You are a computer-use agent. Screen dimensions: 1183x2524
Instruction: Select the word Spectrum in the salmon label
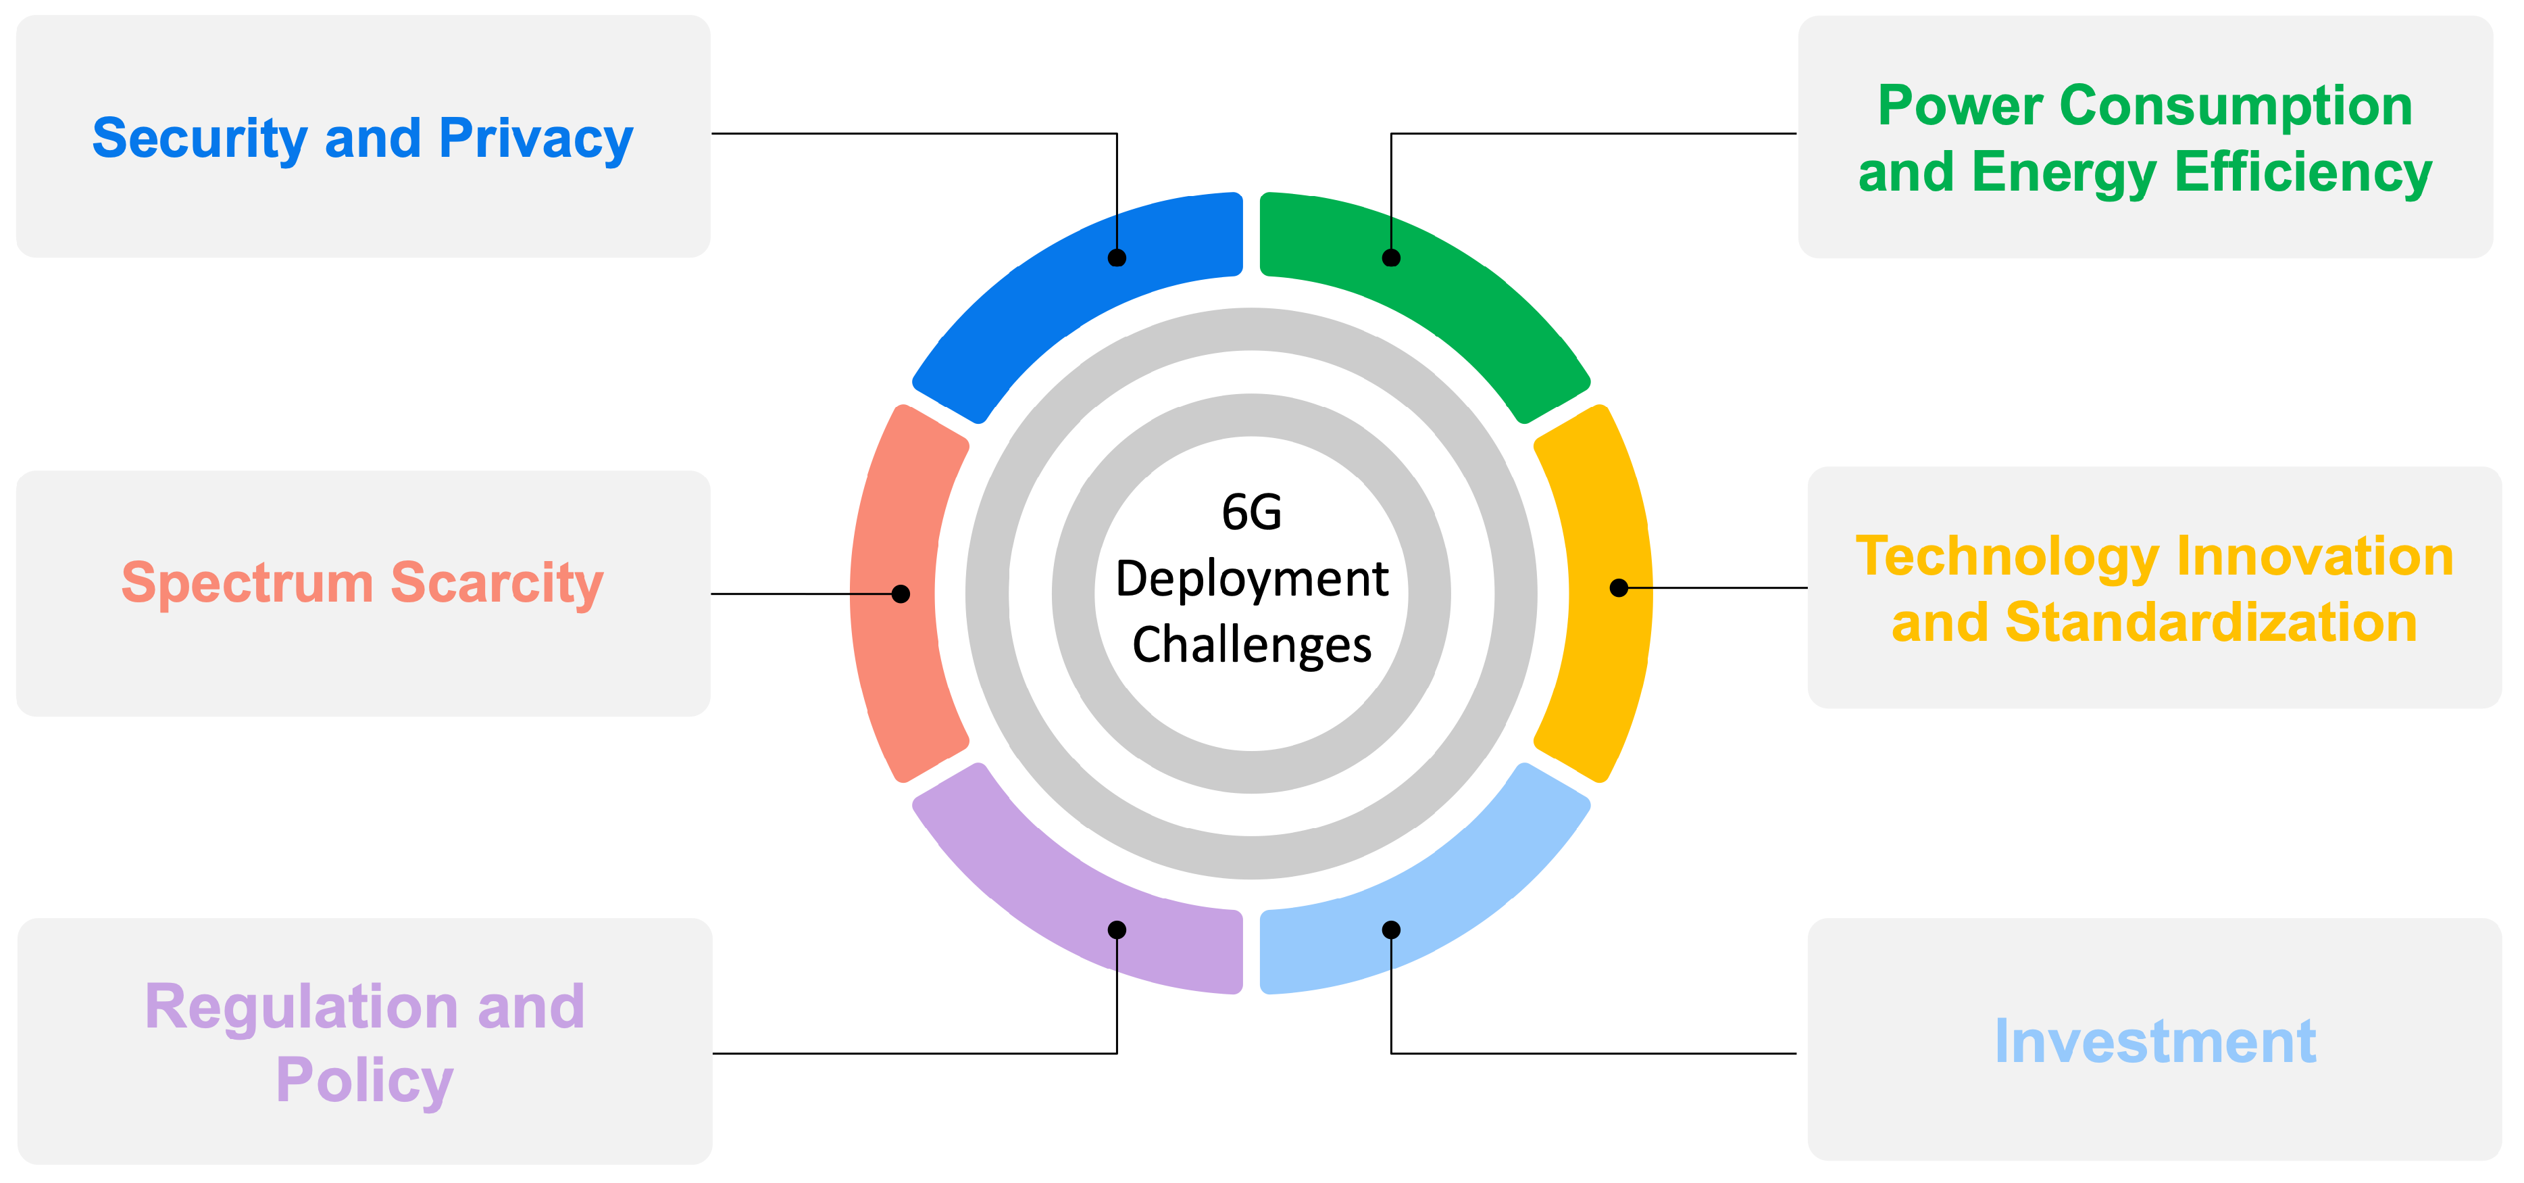click(247, 583)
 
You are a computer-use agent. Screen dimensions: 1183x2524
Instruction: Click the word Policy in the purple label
click(365, 1080)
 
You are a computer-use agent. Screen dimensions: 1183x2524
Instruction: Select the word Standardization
click(2211, 623)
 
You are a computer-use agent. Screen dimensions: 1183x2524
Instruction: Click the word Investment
click(2154, 1041)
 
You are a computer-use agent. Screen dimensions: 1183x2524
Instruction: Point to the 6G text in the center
click(1251, 512)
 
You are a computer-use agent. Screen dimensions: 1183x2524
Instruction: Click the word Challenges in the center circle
click(1251, 645)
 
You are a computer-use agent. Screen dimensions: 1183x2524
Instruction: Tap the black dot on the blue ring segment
click(1117, 258)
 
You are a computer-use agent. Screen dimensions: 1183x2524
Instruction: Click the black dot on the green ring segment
click(1391, 258)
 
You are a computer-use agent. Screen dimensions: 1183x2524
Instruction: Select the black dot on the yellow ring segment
click(1619, 588)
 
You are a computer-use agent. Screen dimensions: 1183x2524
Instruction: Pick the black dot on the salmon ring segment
click(901, 594)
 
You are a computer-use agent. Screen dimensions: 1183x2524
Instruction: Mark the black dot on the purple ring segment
click(1117, 929)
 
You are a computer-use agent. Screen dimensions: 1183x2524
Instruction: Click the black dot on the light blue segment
click(1391, 929)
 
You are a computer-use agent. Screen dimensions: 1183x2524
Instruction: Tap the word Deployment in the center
click(1251, 578)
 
